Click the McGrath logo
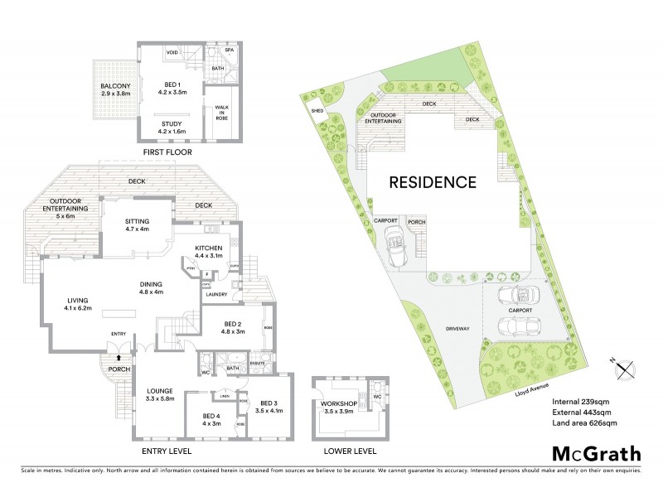point(596,452)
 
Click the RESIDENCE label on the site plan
point(433,182)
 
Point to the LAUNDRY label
point(217,294)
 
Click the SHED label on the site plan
point(317,109)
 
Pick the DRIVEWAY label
point(457,329)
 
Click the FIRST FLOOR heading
point(167,153)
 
